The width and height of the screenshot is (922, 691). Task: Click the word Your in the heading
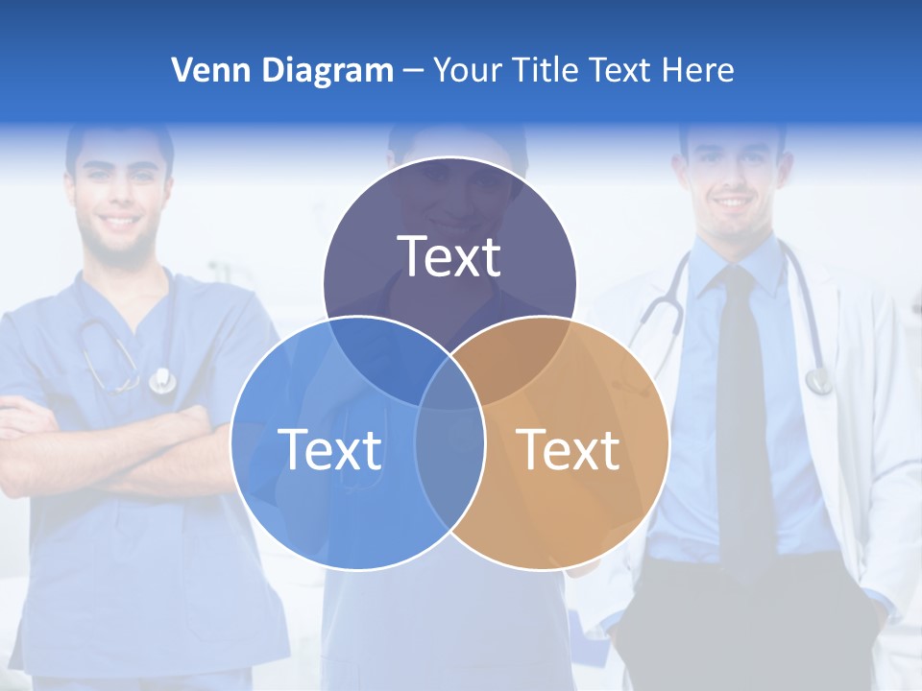point(468,70)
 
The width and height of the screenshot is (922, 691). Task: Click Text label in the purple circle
point(449,257)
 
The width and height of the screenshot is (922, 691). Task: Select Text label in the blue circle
point(329,449)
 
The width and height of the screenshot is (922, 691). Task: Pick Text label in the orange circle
point(569,449)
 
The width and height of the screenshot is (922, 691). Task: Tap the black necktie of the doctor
point(743,413)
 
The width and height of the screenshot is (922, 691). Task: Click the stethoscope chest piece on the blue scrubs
point(162,381)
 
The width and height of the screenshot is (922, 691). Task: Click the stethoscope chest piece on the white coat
point(818,381)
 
